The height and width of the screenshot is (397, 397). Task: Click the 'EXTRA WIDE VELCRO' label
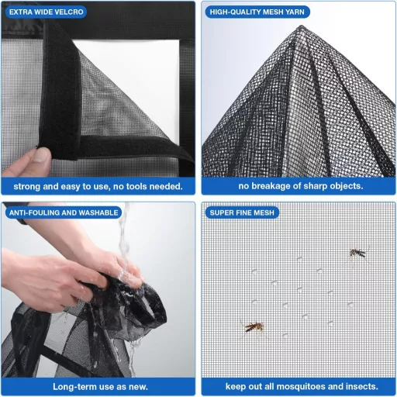coord(46,12)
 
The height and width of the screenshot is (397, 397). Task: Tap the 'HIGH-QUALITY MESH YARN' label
coord(257,12)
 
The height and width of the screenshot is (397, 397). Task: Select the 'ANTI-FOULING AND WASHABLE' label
coord(64,212)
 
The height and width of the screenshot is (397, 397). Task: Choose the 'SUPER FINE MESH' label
coord(242,212)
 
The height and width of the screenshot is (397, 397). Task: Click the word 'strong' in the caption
coord(27,186)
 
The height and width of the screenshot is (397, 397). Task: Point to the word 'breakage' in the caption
coord(271,186)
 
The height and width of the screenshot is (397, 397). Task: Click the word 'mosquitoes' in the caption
coord(301,386)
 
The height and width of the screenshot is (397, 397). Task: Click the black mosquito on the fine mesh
coord(357,253)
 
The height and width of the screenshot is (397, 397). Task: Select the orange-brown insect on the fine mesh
coord(254,327)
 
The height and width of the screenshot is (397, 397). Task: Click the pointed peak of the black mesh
coord(302,26)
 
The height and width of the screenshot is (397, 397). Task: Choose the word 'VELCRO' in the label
coord(69,12)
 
